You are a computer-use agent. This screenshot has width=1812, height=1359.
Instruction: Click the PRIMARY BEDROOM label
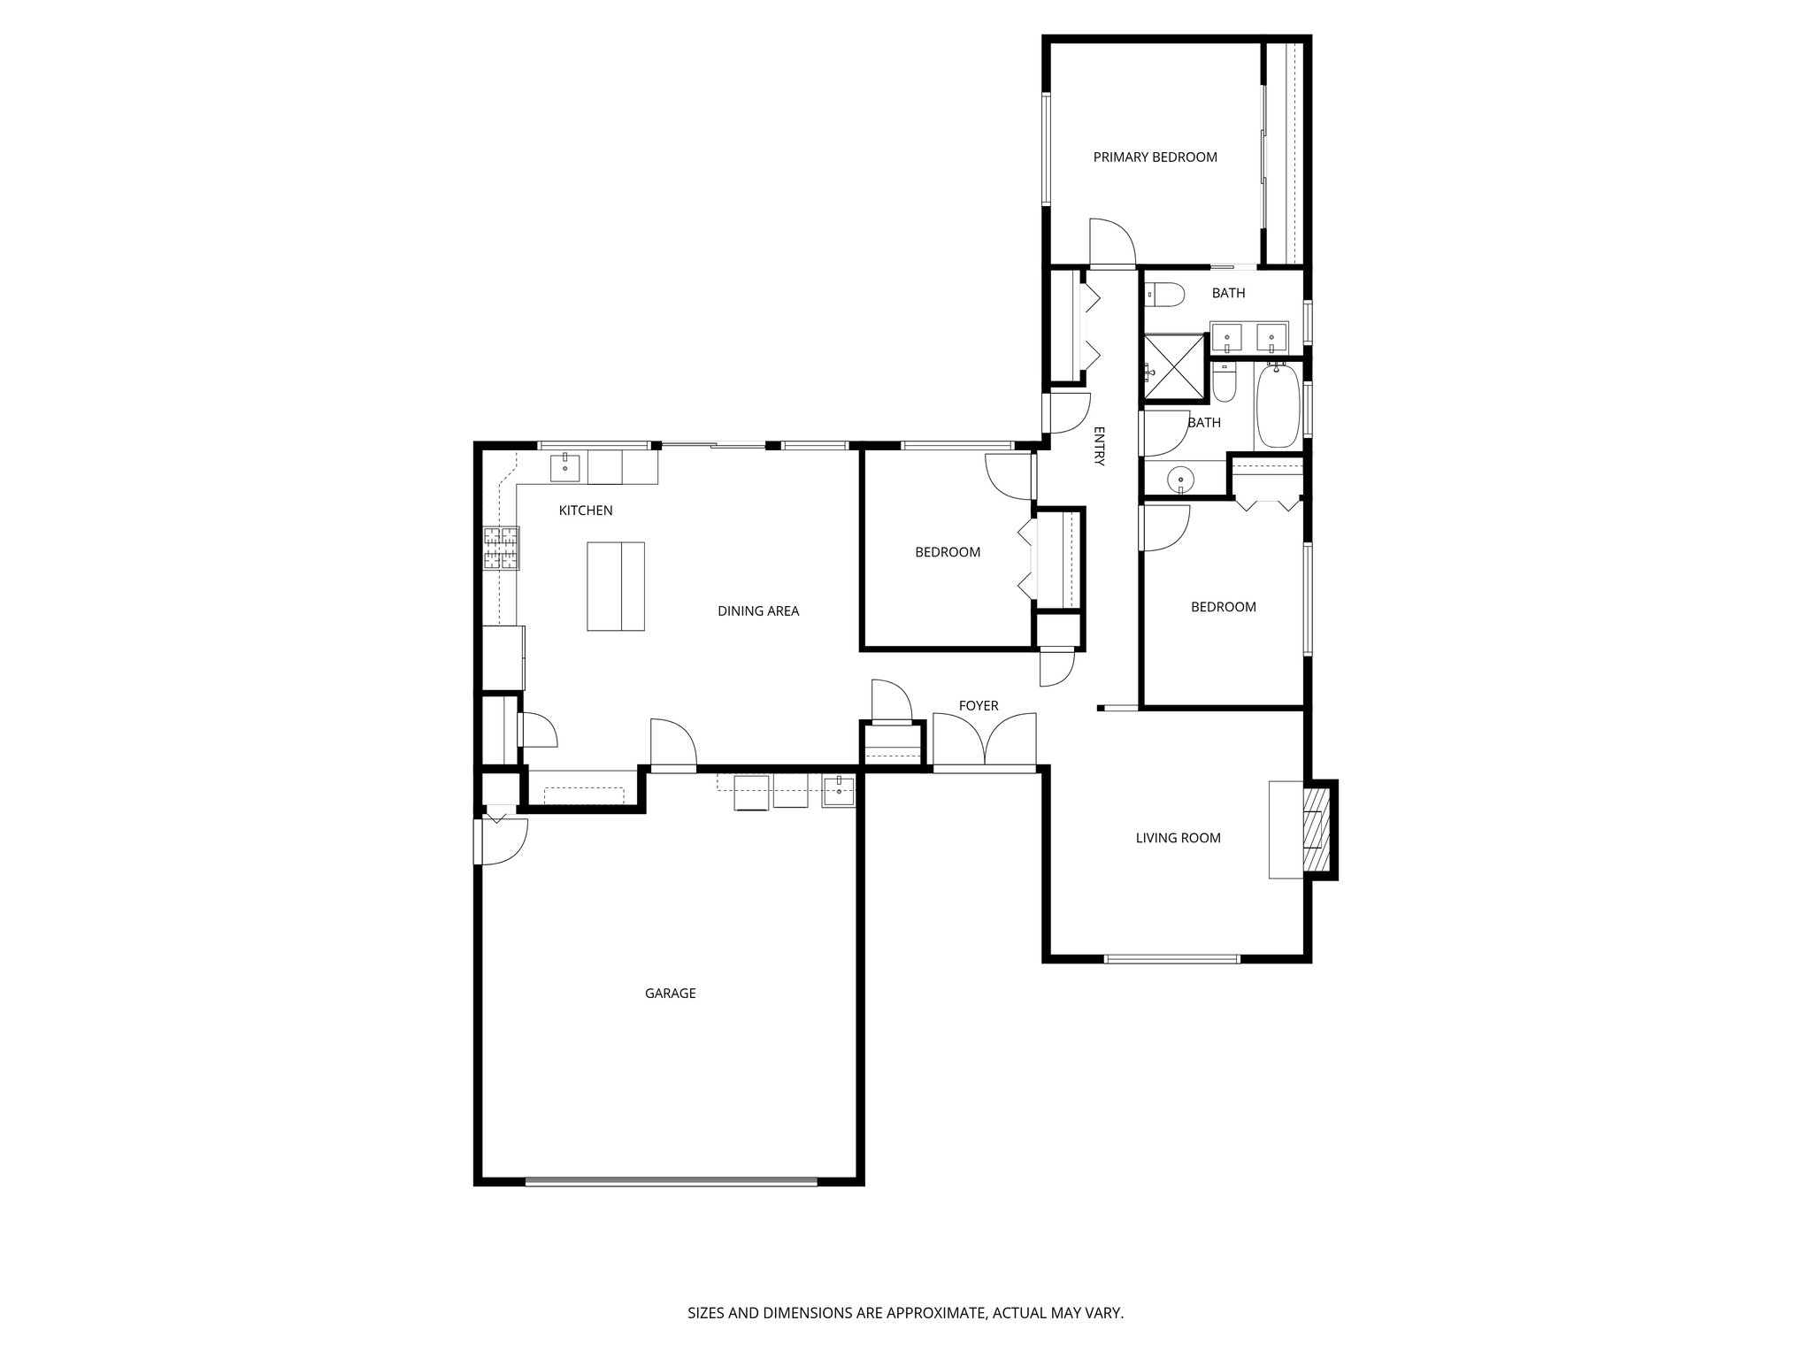tap(1155, 157)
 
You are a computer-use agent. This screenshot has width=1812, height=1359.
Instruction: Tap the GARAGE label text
tap(670, 994)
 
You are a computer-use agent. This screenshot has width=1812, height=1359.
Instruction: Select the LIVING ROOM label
tap(1178, 838)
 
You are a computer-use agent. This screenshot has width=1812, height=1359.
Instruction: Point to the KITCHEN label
tap(585, 511)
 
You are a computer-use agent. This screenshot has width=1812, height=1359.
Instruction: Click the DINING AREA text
tap(757, 610)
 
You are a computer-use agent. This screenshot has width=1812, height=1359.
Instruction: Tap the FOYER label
tap(978, 705)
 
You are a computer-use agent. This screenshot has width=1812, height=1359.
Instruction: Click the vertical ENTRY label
tap(1099, 446)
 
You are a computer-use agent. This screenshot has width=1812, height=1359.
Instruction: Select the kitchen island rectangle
tap(615, 586)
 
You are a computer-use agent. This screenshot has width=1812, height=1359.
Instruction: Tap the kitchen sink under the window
tap(564, 466)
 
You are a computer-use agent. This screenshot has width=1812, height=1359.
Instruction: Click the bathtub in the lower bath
tap(1276, 406)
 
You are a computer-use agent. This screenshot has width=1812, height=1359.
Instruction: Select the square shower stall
tap(1174, 368)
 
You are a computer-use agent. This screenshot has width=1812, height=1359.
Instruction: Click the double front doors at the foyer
tap(984, 741)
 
